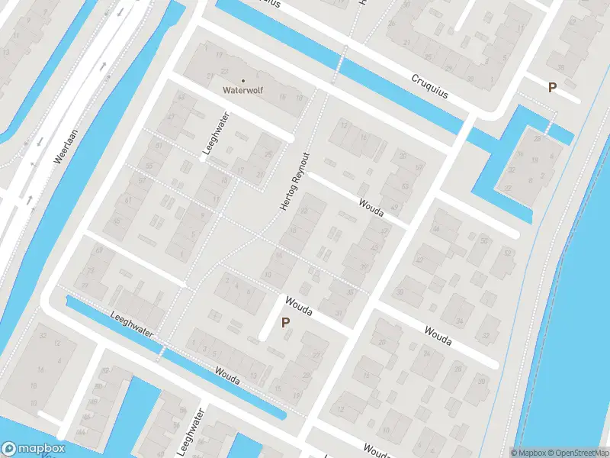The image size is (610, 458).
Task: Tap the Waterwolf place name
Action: [242, 89]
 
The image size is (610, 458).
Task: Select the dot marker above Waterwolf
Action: [243, 79]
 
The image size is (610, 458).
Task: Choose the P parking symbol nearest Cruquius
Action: [552, 87]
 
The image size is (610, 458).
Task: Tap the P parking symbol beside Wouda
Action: [285, 322]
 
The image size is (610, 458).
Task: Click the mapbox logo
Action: [34, 448]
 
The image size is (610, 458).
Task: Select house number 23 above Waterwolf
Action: [225, 70]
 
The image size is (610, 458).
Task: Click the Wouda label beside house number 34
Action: [438, 336]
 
